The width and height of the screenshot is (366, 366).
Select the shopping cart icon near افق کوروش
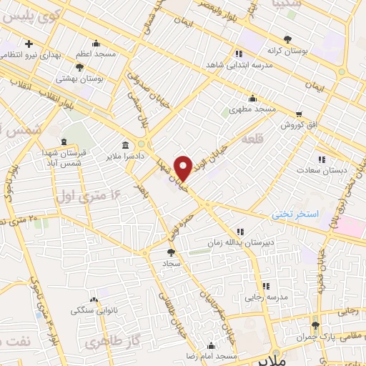tap(299, 113)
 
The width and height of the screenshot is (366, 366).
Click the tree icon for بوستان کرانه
tap(287, 39)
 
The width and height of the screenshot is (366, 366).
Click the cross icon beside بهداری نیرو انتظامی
tap(29, 44)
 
